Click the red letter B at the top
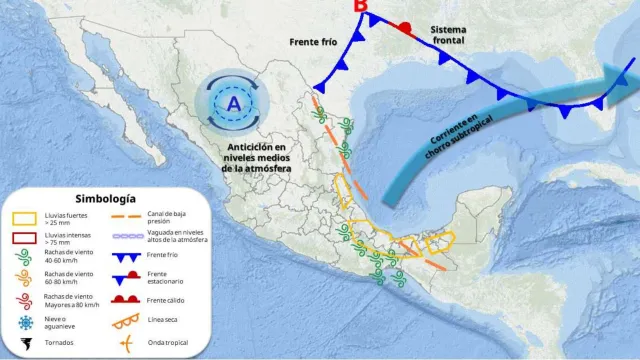click(x=361, y=8)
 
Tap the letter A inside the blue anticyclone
click(x=232, y=103)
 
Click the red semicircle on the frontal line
click(x=403, y=27)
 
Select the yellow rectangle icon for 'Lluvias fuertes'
click(x=26, y=217)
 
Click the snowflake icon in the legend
click(x=26, y=322)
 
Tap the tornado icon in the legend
click(x=26, y=345)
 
